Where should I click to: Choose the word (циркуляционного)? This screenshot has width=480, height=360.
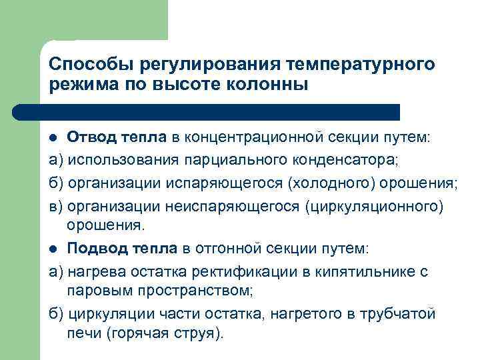(x=373, y=205)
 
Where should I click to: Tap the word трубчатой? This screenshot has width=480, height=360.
(x=400, y=313)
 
